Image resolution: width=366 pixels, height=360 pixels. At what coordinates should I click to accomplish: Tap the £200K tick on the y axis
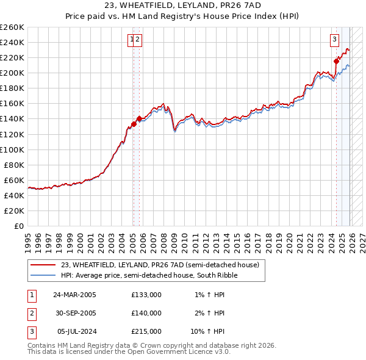12,73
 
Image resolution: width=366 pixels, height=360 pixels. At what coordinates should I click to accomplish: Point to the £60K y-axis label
14,180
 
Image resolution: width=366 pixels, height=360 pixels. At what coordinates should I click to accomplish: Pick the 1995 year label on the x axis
28,237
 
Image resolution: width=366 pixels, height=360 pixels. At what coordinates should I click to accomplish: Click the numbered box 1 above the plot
131,40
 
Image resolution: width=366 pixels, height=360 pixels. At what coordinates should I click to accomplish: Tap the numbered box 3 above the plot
335,40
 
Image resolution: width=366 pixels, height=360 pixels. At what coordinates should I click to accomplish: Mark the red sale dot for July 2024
336,60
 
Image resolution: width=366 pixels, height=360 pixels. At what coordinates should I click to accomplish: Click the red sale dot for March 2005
134,124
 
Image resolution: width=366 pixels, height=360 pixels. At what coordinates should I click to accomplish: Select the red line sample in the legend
44,265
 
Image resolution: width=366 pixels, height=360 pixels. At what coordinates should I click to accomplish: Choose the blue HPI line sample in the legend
44,275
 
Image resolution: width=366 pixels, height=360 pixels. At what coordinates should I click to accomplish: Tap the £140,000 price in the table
146,313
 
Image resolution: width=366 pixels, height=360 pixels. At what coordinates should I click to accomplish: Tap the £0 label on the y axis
20,226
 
